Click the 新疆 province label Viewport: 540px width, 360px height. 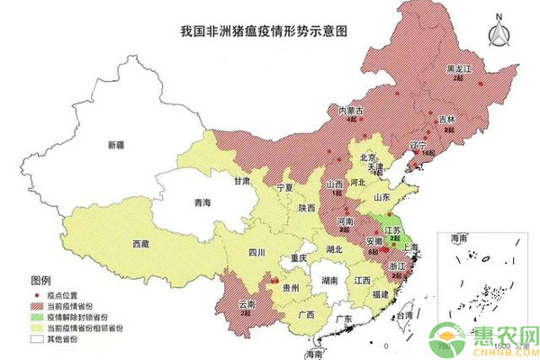click(x=117, y=145)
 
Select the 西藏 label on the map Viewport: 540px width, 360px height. click(x=142, y=244)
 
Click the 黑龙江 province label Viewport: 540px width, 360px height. click(x=460, y=68)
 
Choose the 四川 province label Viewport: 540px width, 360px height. click(x=256, y=254)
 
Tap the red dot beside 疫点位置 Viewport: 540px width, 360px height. click(x=38, y=295)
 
